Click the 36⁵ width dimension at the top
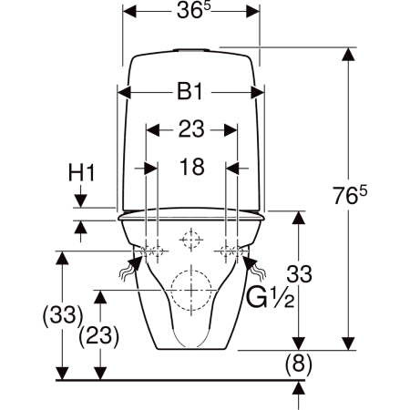(193, 10)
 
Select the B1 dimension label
(190, 92)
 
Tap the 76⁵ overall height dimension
(350, 195)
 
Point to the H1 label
(81, 172)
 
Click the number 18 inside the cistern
(192, 167)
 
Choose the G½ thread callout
(270, 298)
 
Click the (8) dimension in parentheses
(299, 364)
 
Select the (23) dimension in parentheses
(99, 336)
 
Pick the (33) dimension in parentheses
(63, 315)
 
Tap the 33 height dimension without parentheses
(300, 274)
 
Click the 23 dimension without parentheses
(191, 129)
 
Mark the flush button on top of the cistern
(191, 50)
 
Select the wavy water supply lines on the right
(257, 272)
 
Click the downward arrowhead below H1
(80, 200)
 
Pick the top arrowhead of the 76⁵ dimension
(348, 54)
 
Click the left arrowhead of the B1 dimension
(124, 92)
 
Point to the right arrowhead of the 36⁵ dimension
(252, 11)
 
